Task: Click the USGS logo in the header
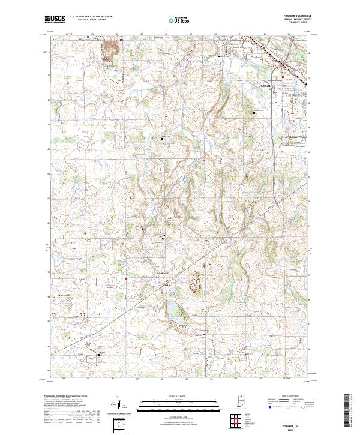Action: (55, 19)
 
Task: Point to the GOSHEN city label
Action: (268, 86)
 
